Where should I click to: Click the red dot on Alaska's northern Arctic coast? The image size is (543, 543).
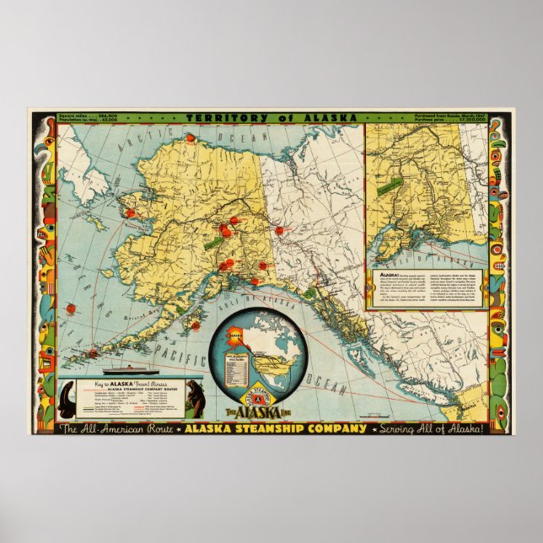pyautogui.click(x=191, y=137)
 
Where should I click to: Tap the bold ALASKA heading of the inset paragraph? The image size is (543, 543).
pyautogui.click(x=379, y=275)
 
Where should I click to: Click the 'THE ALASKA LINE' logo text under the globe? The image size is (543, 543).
pyautogui.click(x=255, y=411)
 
